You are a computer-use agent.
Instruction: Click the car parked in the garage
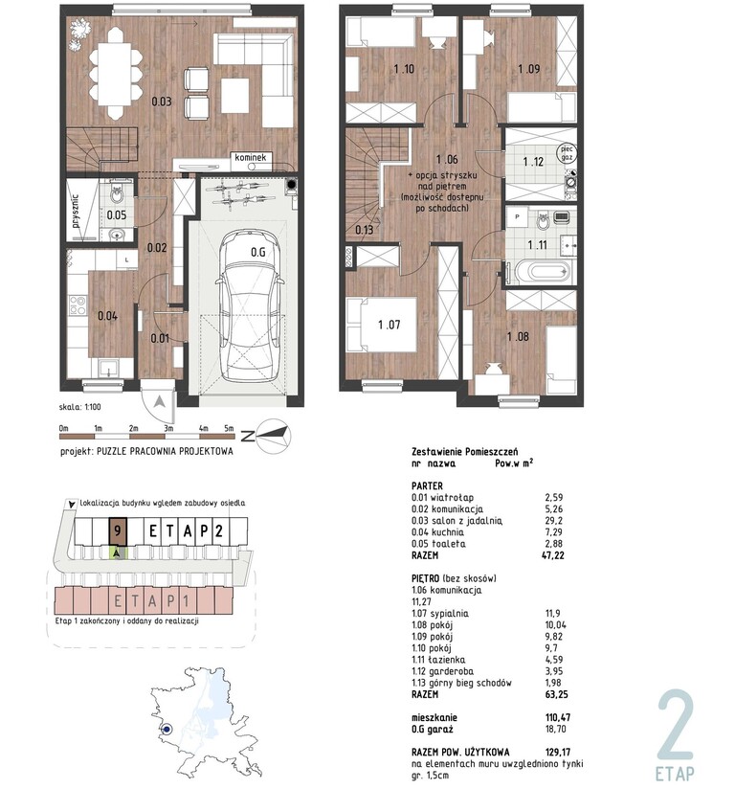250,304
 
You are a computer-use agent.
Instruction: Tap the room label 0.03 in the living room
162,101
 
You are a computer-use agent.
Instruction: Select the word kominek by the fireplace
250,157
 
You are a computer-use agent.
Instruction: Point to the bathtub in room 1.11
542,272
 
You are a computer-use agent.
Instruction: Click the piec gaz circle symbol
567,153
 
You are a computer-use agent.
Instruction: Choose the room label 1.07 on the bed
390,325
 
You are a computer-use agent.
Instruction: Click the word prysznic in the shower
76,212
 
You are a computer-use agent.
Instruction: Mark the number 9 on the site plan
117,531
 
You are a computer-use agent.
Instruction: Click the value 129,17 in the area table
558,753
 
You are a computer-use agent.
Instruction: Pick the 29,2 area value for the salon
554,521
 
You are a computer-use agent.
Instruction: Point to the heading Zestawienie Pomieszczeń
465,452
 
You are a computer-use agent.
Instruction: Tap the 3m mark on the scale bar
168,429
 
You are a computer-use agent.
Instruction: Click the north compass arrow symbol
273,436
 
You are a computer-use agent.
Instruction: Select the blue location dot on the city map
167,729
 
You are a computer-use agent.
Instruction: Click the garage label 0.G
258,252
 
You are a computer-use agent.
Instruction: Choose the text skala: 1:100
79,407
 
